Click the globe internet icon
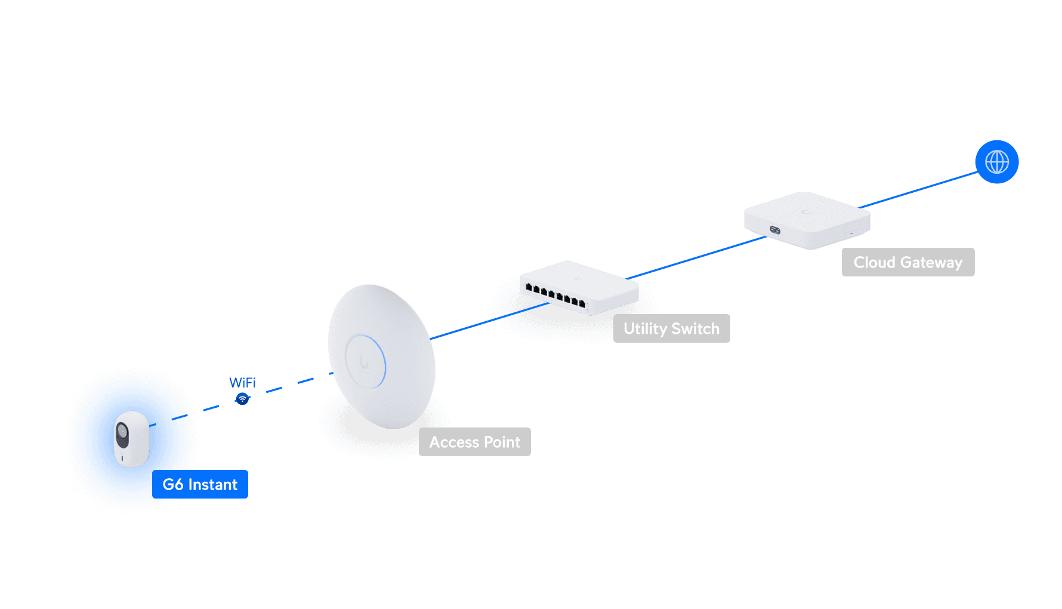coord(996,162)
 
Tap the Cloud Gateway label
coord(907,262)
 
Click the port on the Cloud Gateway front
coord(775,230)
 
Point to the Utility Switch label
coord(671,328)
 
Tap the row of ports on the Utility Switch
coord(555,296)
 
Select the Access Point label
coord(474,442)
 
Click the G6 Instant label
coord(200,484)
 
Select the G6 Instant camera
coord(132,439)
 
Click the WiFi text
coord(242,382)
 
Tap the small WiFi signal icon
coord(242,399)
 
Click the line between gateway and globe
coord(919,190)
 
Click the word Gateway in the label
coord(931,262)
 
